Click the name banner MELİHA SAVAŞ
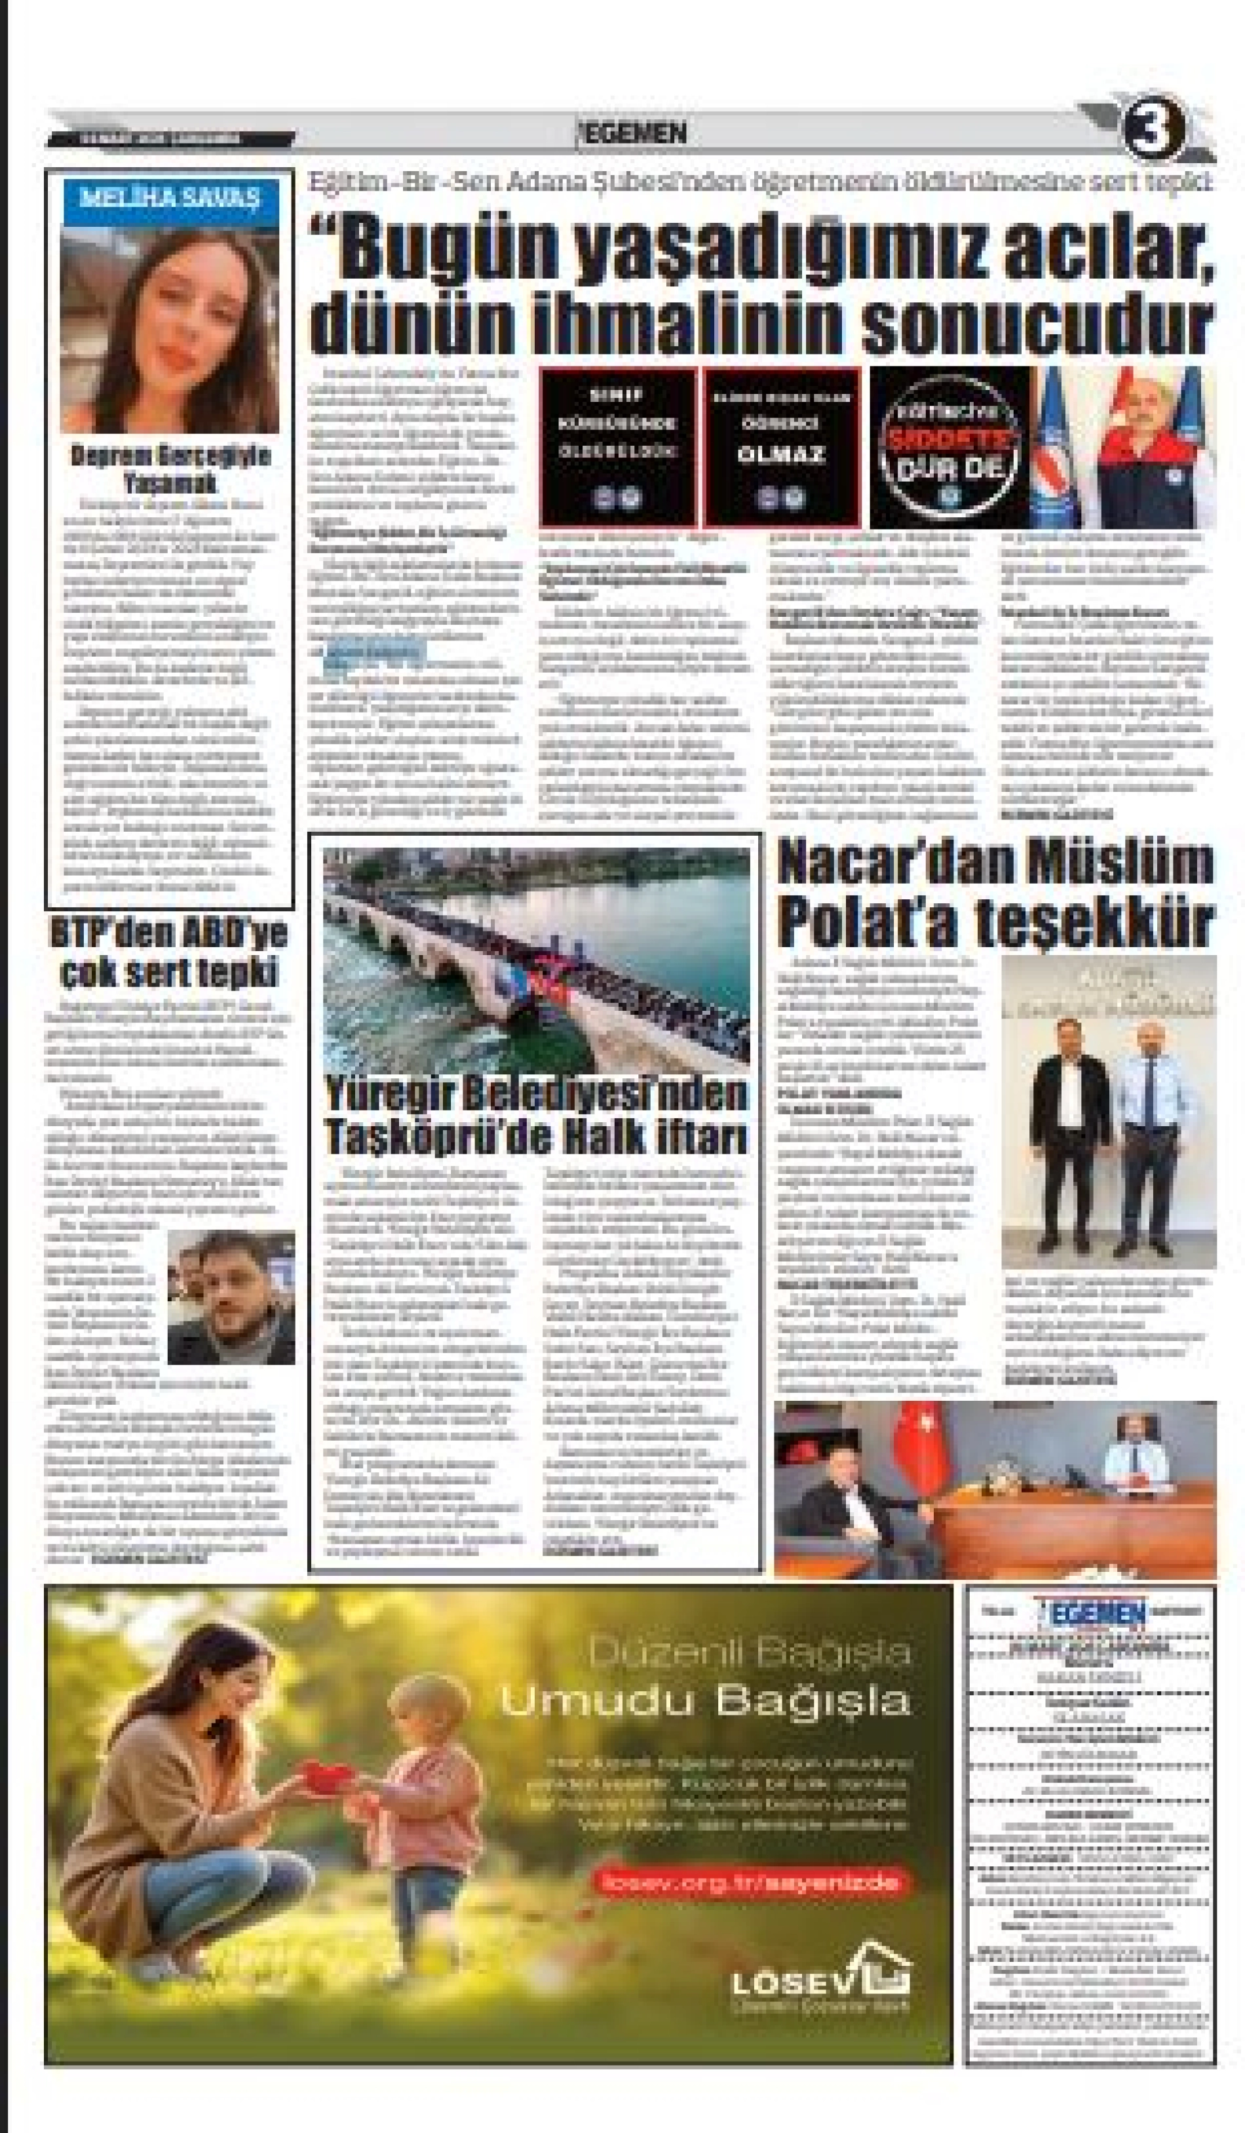tap(170, 199)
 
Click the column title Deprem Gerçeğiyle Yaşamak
tap(170, 468)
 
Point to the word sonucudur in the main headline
tap(1037, 324)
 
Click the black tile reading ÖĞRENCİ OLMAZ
tap(780, 446)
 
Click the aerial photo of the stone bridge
tap(536, 956)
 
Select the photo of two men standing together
tap(1108, 1112)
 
